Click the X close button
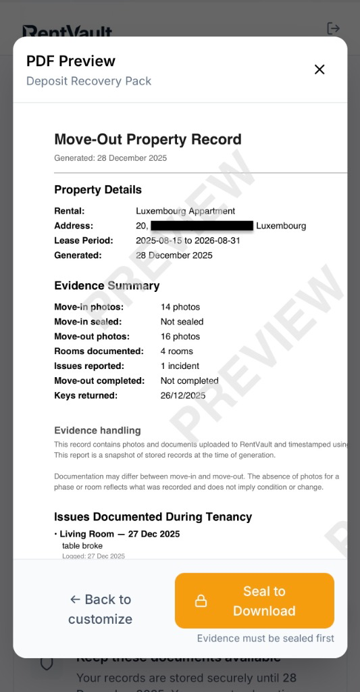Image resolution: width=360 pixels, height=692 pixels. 319,70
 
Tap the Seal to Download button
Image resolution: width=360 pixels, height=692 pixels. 255,601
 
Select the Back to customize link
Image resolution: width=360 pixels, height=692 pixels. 100,609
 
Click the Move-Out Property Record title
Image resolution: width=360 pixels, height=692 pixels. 147,140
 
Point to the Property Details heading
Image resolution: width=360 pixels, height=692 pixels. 98,190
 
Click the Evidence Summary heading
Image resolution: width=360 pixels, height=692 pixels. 107,286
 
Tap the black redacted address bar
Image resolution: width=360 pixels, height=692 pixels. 202,226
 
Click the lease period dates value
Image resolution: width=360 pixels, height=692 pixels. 188,241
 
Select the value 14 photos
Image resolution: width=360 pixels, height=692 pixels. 180,307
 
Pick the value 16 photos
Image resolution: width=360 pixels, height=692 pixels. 180,337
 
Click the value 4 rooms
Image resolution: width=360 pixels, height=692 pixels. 177,351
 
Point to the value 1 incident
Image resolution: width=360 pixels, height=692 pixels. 180,366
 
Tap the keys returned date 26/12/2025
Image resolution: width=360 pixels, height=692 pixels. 183,396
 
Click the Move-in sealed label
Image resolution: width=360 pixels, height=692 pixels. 88,322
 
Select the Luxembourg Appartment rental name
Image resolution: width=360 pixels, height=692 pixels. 186,211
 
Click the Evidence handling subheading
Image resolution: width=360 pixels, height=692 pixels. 97,430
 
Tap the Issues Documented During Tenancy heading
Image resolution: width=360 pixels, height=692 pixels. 153,517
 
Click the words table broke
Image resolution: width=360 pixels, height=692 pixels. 82,545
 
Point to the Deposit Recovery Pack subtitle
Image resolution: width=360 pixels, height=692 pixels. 88,81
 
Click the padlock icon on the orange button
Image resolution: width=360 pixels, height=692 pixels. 201,601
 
